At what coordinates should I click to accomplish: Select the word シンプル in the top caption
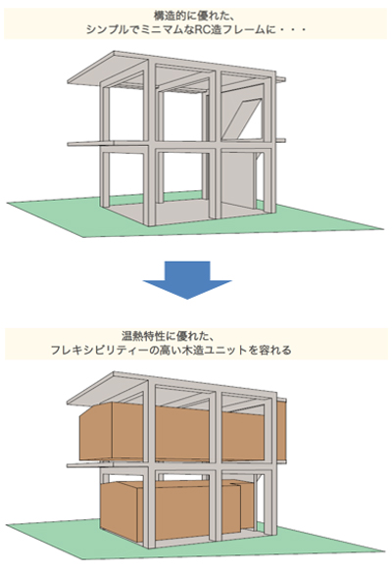pyautogui.click(x=105, y=29)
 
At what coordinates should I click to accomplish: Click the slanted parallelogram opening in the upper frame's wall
pyautogui.click(x=242, y=118)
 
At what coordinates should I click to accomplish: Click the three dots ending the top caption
pyautogui.click(x=293, y=30)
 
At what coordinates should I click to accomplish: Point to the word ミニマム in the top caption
pyautogui.click(x=160, y=29)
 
